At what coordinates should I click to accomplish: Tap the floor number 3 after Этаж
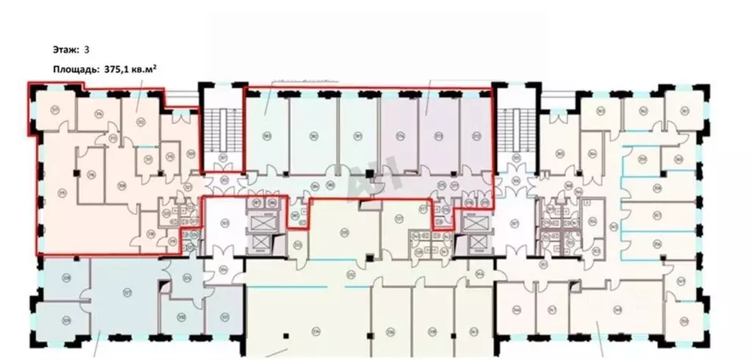[87, 51]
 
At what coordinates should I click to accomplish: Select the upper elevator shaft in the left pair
[262, 223]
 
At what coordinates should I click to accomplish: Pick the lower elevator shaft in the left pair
[262, 243]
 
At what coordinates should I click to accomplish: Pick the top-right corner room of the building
[681, 109]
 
